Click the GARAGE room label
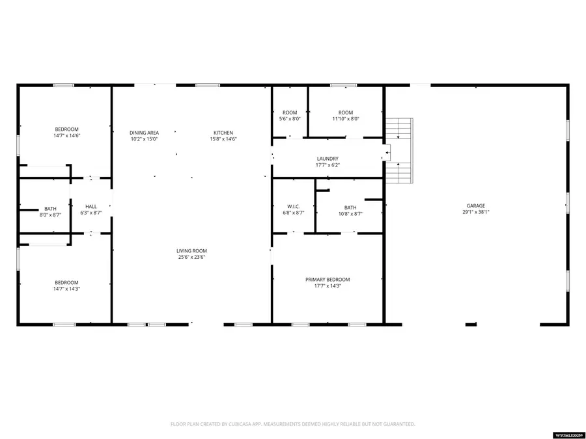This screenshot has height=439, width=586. click(475, 206)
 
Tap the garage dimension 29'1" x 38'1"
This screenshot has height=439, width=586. click(475, 212)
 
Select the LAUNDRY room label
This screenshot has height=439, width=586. click(328, 159)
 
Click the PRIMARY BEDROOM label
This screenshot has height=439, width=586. click(328, 280)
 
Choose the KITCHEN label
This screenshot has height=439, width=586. click(223, 133)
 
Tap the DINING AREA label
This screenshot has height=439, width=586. click(144, 133)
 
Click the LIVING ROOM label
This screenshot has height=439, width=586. click(191, 250)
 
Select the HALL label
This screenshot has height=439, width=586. click(91, 207)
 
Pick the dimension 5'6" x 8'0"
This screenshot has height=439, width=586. click(290, 119)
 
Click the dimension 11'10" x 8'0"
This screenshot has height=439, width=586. click(346, 119)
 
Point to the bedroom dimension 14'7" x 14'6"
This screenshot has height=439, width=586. click(67, 136)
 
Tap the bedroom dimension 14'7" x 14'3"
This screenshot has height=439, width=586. click(67, 289)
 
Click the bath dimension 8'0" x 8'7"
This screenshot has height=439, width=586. click(50, 215)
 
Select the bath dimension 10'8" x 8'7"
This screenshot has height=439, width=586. click(350, 214)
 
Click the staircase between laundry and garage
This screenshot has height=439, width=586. click(399, 151)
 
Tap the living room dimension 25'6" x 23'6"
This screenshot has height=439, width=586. click(191, 257)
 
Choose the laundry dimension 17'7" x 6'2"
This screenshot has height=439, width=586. click(328, 165)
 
